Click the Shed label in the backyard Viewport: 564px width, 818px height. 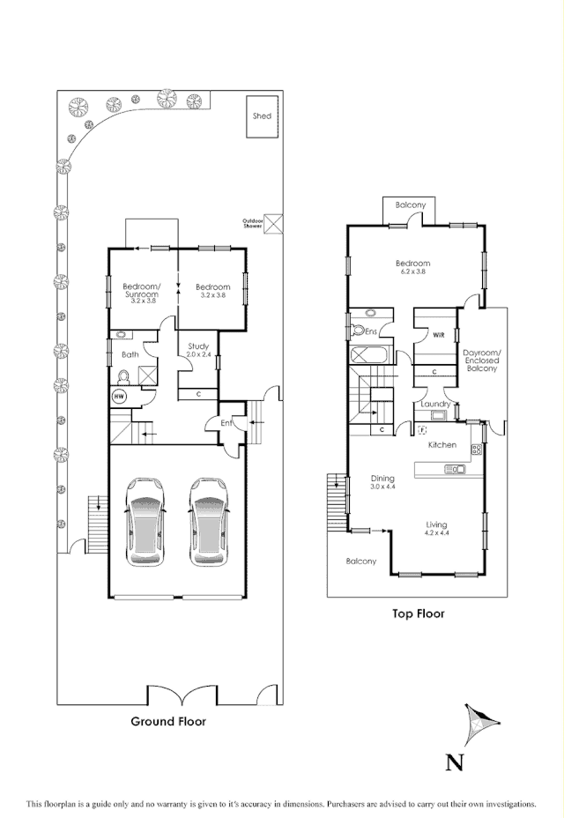(262, 115)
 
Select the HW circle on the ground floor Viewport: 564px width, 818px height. (118, 397)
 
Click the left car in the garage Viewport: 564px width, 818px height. (145, 522)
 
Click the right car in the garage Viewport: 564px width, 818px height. (208, 522)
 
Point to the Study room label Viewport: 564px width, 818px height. (197, 346)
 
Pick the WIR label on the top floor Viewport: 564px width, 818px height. (438, 335)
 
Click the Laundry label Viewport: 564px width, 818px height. (436, 404)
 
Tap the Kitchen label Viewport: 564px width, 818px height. (442, 445)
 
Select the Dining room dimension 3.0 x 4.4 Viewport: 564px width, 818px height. (383, 487)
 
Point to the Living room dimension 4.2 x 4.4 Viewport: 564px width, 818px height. (436, 532)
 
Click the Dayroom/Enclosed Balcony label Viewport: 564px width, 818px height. (481, 361)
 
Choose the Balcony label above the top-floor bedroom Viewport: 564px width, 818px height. (411, 205)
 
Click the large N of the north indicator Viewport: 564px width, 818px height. (455, 762)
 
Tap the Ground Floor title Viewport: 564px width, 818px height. (168, 721)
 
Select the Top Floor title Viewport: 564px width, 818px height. (418, 613)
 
